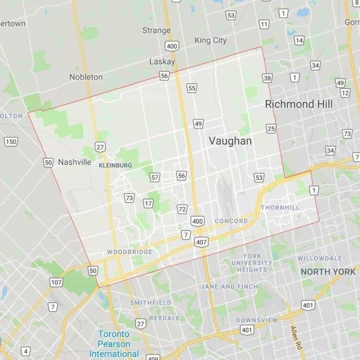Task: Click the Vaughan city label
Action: (230, 141)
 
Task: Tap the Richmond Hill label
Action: (299, 104)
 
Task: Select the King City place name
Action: (211, 40)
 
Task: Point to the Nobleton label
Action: (86, 77)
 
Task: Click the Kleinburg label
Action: (115, 164)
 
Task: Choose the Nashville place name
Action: (75, 162)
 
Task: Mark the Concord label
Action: (231, 221)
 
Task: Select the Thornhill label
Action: (280, 208)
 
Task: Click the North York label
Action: (328, 272)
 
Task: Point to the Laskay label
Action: (162, 62)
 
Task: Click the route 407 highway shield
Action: (201, 242)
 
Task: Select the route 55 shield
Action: (191, 88)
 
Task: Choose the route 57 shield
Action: (155, 177)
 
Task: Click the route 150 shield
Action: (11, 142)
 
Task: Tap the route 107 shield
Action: (56, 282)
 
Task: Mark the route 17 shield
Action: (148, 203)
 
